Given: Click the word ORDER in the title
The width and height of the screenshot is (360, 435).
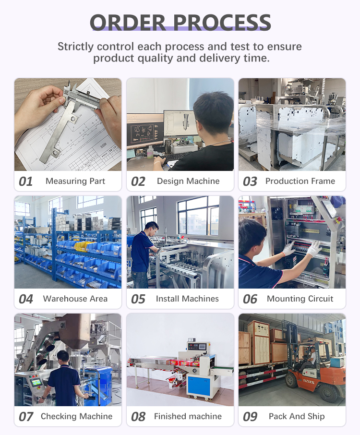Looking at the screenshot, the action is click(x=128, y=22).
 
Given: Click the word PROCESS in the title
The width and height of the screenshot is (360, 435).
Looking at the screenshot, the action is click(x=222, y=22).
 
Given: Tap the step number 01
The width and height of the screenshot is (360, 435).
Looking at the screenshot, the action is click(x=25, y=181).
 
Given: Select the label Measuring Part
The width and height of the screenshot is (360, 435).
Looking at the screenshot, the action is click(x=75, y=181).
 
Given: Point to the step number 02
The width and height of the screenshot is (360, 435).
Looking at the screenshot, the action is click(x=138, y=181).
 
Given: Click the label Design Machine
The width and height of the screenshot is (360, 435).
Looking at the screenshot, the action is click(x=188, y=181).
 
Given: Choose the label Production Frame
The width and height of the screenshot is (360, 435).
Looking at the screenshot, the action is click(x=300, y=181).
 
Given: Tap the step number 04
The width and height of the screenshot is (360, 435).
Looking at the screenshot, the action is click(x=25, y=299).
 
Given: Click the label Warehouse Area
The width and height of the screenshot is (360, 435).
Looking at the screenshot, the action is click(x=75, y=299).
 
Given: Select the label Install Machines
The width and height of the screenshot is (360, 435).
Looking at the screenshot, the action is click(x=187, y=299).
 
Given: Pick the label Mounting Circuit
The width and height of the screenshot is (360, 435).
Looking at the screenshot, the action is click(x=300, y=299).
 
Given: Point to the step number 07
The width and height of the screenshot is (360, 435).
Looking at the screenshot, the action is click(x=25, y=417).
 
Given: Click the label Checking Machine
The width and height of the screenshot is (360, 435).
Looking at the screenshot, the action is click(x=76, y=416).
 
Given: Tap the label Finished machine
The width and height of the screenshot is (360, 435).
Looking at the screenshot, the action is click(x=188, y=416).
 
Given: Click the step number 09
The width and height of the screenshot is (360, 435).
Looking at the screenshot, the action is click(x=250, y=417).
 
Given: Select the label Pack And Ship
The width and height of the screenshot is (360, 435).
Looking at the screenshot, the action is click(x=297, y=416).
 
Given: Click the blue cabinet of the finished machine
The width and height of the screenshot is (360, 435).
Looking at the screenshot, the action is click(x=199, y=384).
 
